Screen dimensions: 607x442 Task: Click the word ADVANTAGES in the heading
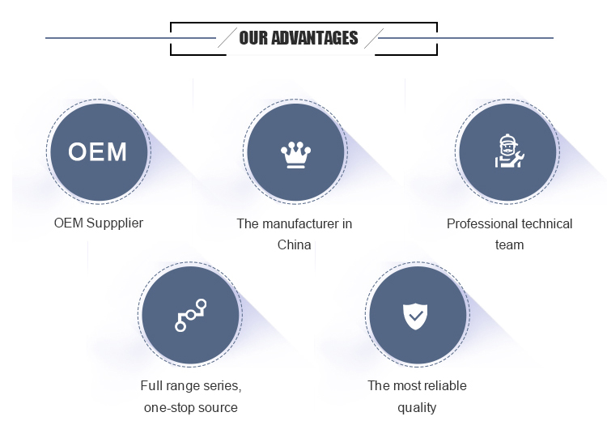click(x=314, y=38)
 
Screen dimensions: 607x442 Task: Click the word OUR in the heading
click(x=253, y=38)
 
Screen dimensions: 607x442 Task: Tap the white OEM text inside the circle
click(x=98, y=151)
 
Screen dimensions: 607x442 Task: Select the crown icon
click(x=295, y=155)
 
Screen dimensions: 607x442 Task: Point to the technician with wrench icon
click(x=509, y=151)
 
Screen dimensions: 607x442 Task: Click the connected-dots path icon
click(x=190, y=315)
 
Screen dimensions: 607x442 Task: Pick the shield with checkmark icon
click(x=415, y=317)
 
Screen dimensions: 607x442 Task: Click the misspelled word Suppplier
click(x=115, y=223)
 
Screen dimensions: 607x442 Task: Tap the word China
click(x=295, y=244)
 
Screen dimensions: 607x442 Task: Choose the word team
click(x=509, y=245)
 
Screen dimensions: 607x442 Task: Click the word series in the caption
click(x=224, y=386)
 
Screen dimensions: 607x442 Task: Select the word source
click(x=218, y=408)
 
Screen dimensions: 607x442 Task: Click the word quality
click(x=417, y=408)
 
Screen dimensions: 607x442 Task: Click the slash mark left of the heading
click(x=227, y=37)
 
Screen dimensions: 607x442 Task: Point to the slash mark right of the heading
click(x=374, y=38)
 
